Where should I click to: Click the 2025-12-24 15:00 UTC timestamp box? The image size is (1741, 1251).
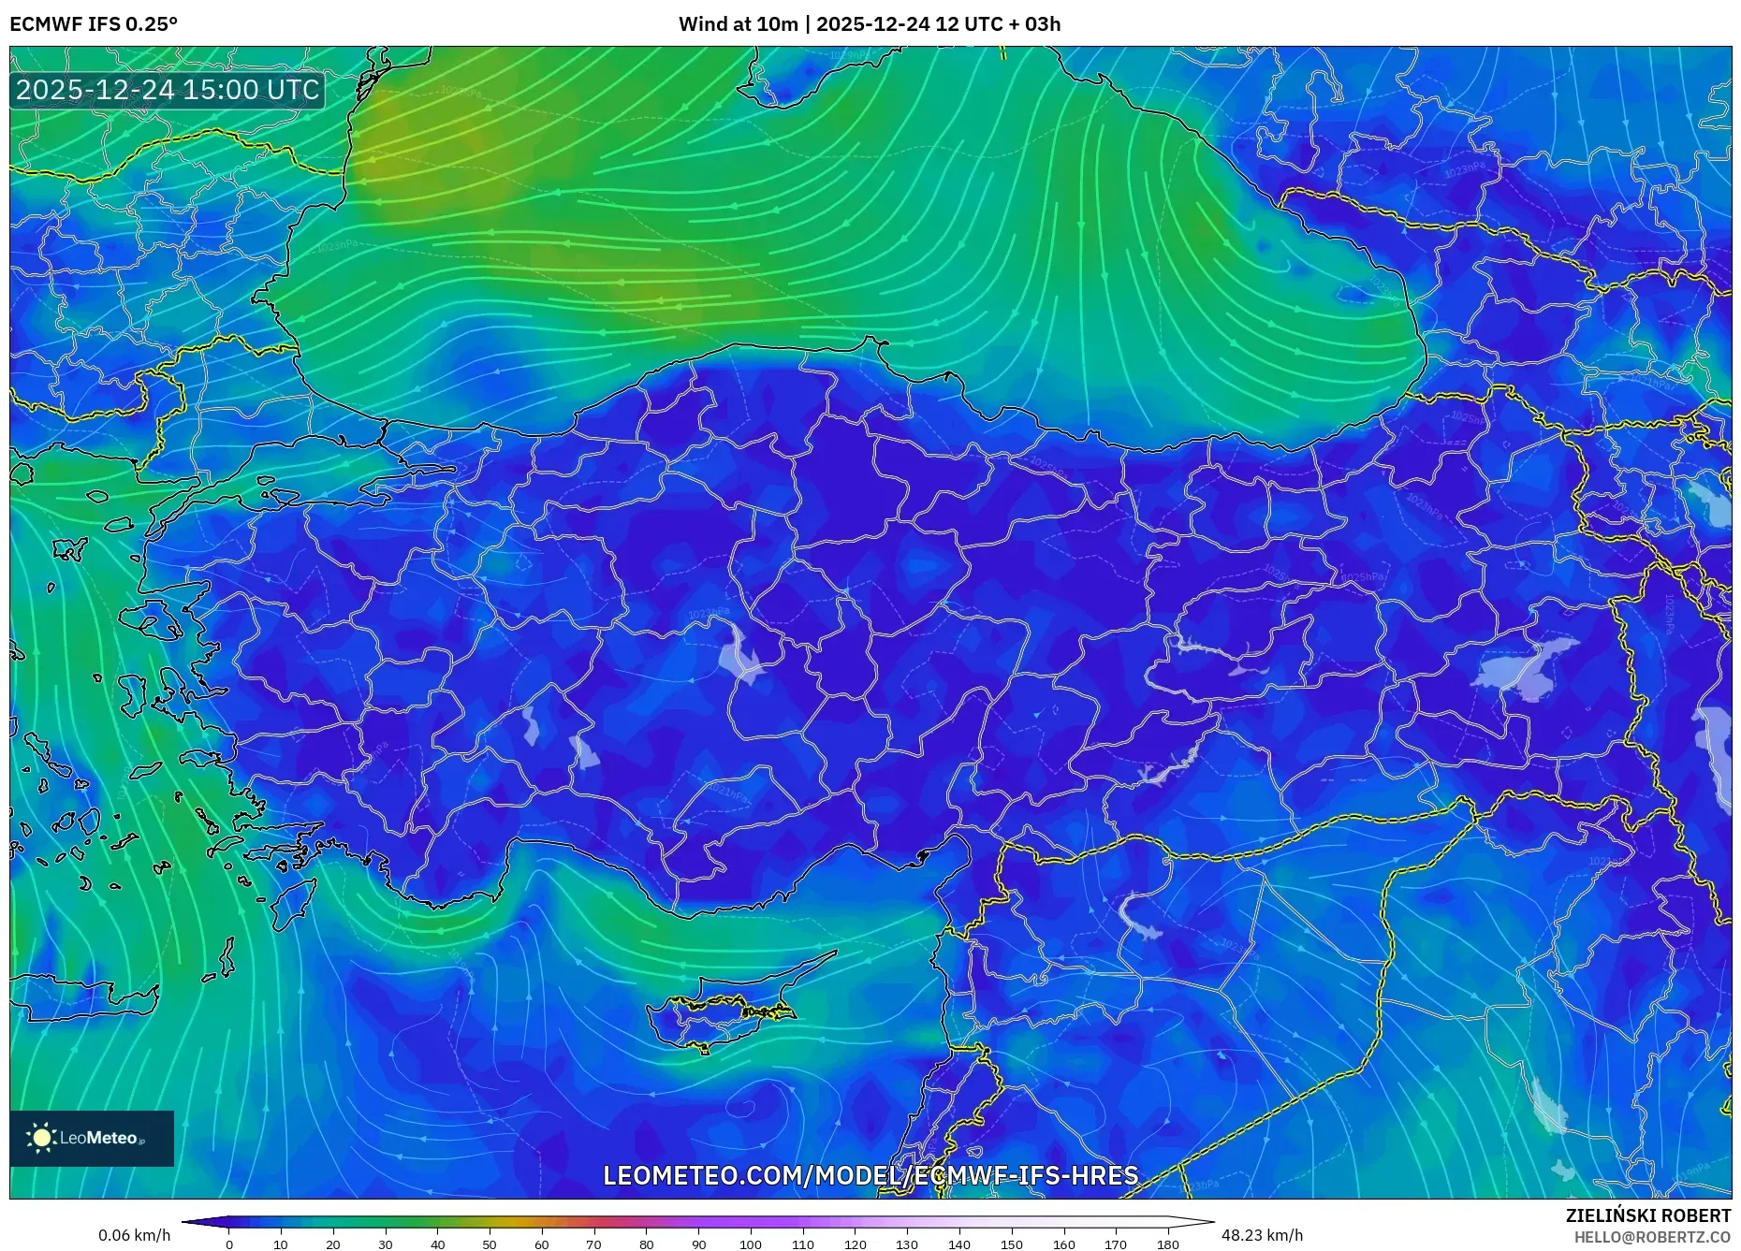[x=168, y=90]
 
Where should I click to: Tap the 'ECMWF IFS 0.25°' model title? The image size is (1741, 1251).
[x=94, y=24]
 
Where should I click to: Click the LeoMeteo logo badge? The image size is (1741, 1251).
[x=92, y=1138]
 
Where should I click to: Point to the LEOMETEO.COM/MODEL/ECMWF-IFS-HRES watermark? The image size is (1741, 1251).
[x=870, y=1175]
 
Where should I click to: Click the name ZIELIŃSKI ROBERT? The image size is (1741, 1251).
[x=1648, y=1215]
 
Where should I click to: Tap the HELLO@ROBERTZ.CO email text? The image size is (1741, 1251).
[x=1652, y=1237]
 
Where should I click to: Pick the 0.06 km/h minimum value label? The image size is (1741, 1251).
[x=135, y=1235]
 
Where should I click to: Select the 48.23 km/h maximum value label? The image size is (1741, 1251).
[x=1262, y=1235]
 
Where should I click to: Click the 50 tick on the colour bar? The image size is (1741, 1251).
[x=490, y=1244]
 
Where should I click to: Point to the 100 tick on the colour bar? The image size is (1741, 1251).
[x=751, y=1244]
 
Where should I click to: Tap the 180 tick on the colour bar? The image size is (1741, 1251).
[x=1167, y=1244]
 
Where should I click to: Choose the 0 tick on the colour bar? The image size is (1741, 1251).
[x=229, y=1244]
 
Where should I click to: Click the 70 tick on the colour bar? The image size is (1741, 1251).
[x=593, y=1244]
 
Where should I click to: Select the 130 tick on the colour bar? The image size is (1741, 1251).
[x=907, y=1244]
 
